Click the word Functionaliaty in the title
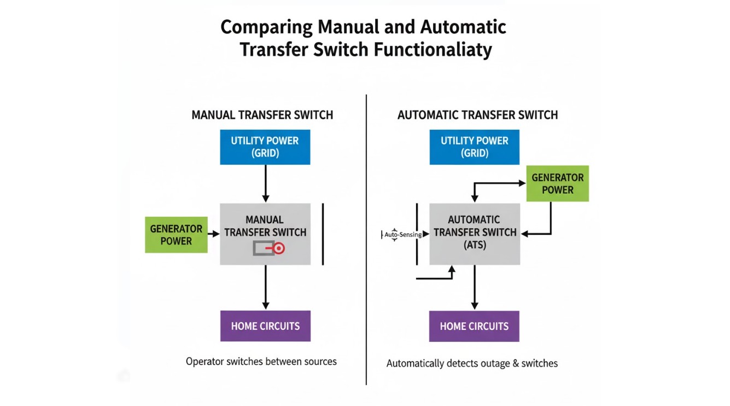[433, 49]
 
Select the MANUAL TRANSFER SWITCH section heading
[262, 115]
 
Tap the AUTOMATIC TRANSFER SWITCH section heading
[477, 115]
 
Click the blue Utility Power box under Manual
[265, 147]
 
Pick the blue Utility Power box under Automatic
[475, 147]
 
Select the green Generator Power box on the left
[176, 235]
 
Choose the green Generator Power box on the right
[557, 184]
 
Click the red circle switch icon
[279, 249]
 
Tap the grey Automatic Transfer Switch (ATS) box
[475, 234]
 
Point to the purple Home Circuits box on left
[265, 326]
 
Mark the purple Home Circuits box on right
[474, 326]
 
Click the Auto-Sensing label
[402, 235]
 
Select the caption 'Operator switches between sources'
[261, 361]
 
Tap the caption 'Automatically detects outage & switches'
[472, 363]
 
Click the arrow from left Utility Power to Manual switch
[265, 183]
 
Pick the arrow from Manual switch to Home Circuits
[265, 287]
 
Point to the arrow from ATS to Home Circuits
[475, 287]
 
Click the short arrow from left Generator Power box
[214, 234]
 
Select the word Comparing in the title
[267, 27]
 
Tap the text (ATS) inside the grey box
[475, 245]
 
